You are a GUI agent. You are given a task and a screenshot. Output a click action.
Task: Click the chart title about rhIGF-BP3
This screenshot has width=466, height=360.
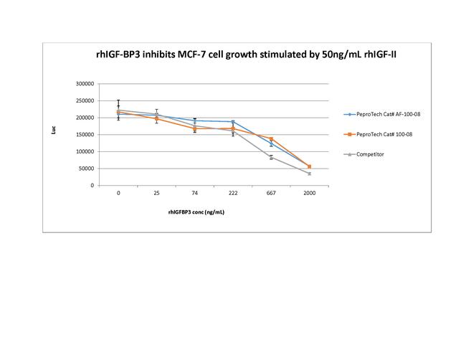tap(237, 53)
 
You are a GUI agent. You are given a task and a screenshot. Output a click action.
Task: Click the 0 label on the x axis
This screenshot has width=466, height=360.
tap(118, 193)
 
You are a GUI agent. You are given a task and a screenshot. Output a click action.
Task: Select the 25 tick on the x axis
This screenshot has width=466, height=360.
tap(156, 193)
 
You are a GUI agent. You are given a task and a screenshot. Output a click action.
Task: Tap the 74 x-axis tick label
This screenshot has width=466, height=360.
tap(194, 193)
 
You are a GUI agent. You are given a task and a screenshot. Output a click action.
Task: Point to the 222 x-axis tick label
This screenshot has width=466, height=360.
tap(232, 193)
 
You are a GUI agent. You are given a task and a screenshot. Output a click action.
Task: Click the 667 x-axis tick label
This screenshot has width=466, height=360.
tap(271, 193)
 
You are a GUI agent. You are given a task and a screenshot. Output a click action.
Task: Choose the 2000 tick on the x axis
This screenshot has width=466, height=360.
tap(309, 193)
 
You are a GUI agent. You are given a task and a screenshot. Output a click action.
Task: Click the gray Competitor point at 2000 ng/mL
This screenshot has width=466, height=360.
tap(309, 174)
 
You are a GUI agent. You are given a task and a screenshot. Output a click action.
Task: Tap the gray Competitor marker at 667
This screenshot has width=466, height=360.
tap(271, 157)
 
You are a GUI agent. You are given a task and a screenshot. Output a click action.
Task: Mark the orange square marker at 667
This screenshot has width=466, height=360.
tap(271, 138)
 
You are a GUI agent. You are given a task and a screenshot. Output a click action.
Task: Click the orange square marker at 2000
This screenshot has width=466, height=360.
tap(309, 166)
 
